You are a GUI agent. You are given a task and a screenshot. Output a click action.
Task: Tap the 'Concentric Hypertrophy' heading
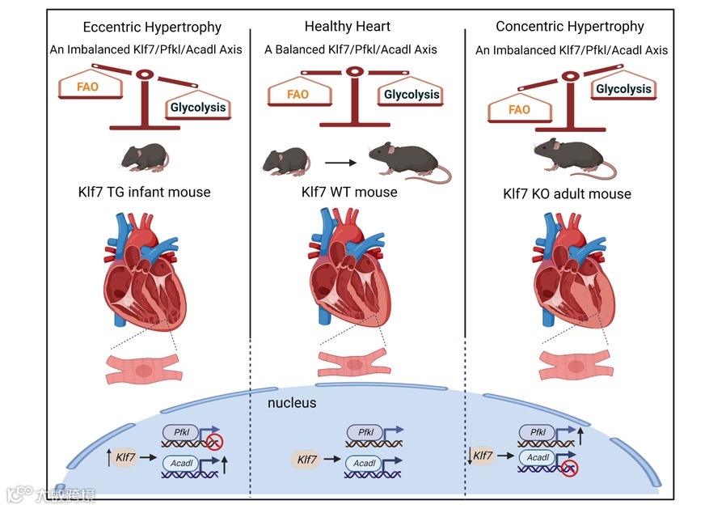pyautogui.click(x=570, y=26)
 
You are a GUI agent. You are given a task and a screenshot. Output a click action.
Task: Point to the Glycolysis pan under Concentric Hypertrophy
pyautogui.click(x=623, y=89)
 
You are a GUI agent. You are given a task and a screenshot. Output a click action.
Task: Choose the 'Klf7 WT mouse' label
pyautogui.click(x=348, y=193)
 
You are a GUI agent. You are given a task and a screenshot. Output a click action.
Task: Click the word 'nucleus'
pyautogui.click(x=292, y=402)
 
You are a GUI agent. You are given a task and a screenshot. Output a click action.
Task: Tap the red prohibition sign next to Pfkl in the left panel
pyautogui.click(x=214, y=442)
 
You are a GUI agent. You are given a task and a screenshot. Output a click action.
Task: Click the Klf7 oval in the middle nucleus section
pyautogui.click(x=306, y=460)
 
